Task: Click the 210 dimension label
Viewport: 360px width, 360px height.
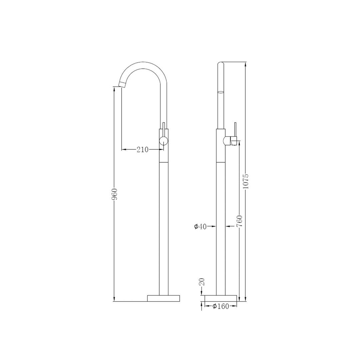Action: tap(143, 150)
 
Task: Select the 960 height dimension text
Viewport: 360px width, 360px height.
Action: tap(114, 194)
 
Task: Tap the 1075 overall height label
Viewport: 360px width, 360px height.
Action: tap(246, 181)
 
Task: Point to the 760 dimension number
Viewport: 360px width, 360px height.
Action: tap(239, 221)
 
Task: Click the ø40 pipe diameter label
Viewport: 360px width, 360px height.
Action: tap(200, 227)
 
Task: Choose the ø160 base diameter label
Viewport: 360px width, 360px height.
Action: tap(221, 306)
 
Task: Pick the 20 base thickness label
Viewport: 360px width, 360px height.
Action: tap(202, 282)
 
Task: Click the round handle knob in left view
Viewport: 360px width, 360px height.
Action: tap(164, 141)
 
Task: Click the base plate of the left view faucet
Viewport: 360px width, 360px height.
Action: tap(163, 298)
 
